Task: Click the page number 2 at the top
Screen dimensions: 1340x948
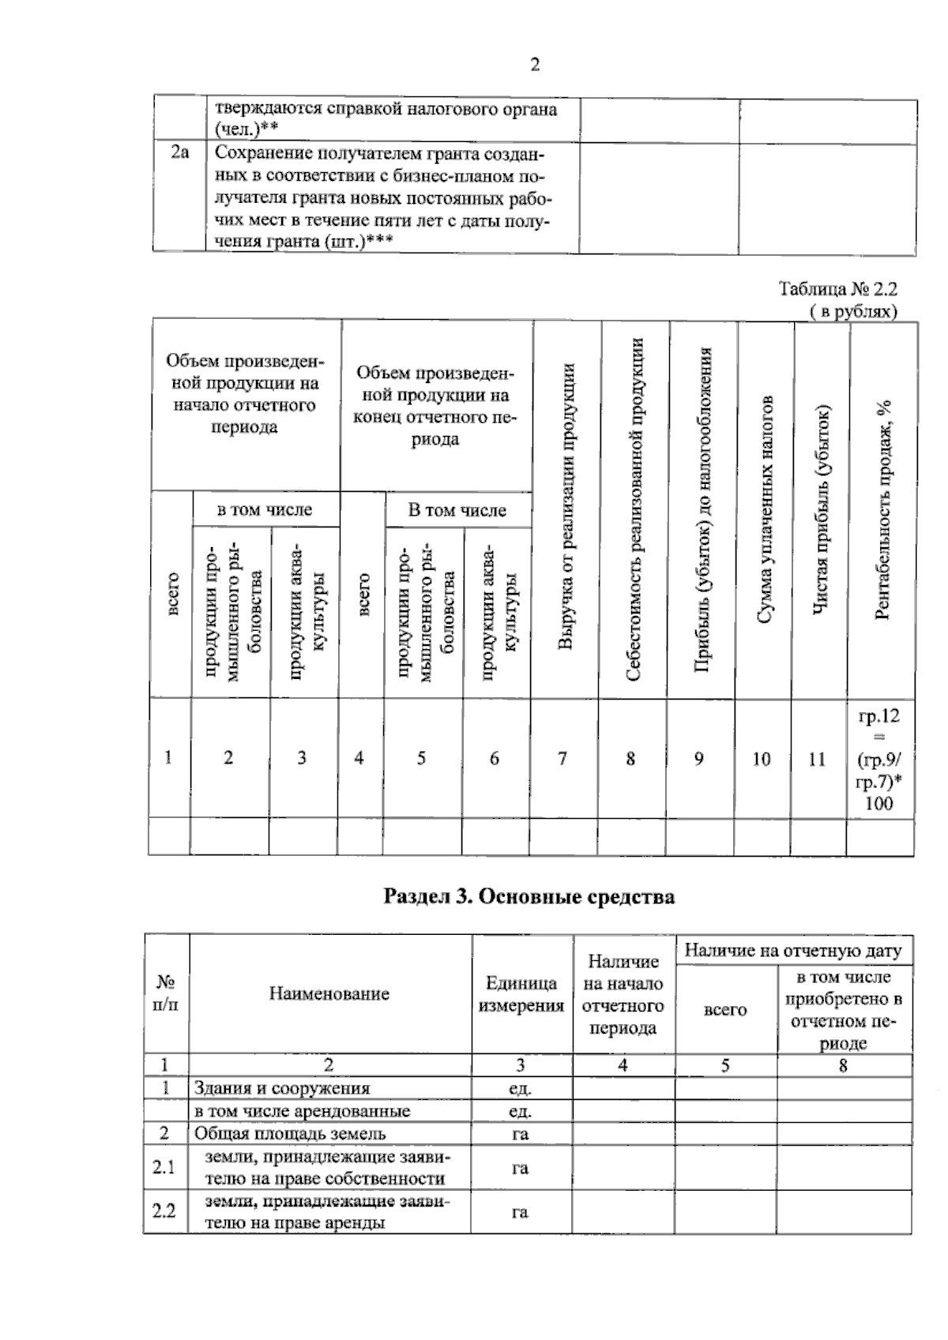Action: point(535,65)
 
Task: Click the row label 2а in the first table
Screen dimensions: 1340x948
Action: point(179,153)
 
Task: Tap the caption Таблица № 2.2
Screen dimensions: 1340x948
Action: point(838,289)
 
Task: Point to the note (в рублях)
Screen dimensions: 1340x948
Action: point(853,312)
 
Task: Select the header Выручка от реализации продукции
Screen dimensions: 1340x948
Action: point(566,507)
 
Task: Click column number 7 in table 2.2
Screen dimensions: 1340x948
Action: point(562,759)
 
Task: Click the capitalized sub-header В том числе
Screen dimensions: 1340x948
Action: point(457,510)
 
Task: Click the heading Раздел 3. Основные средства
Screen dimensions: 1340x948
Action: point(529,897)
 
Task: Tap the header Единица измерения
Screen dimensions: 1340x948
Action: point(521,994)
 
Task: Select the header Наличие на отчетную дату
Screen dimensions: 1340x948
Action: point(792,951)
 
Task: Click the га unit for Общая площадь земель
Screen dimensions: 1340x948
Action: point(520,1134)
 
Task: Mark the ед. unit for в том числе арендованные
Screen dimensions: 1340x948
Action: point(520,1111)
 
